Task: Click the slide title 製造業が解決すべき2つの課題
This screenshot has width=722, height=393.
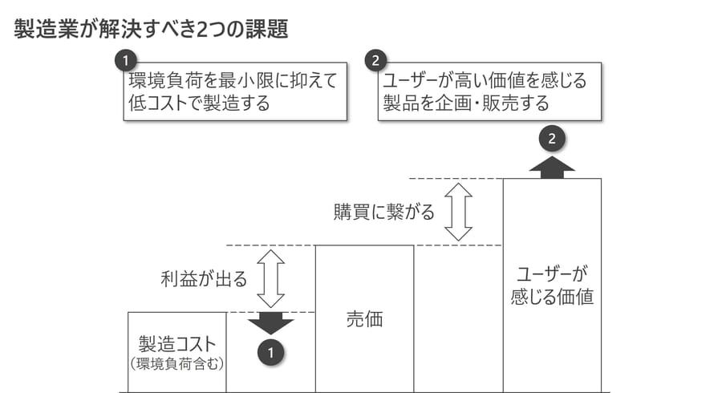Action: point(151,30)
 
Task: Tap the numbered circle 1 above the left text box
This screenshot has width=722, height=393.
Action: point(126,60)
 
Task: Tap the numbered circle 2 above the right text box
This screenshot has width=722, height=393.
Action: point(375,60)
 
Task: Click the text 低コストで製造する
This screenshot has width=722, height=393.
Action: point(199,103)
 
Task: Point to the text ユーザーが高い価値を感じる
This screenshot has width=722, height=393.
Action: point(485,81)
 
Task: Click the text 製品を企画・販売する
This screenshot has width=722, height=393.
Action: point(465,103)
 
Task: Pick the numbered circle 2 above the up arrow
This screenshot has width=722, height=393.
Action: point(552,139)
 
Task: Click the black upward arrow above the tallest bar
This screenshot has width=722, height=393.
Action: point(552,167)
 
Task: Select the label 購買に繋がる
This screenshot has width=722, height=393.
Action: point(383,212)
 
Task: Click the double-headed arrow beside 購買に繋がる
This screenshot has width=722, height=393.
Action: point(459,212)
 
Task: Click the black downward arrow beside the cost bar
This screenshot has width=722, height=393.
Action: point(271,323)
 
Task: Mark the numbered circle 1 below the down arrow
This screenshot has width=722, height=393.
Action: point(271,351)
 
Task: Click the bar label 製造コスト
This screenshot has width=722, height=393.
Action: point(177,344)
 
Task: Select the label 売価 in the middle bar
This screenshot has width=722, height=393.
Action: point(364,319)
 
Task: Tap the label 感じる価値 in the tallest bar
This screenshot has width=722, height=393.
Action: point(552,296)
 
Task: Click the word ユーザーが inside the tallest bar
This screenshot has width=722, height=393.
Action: point(552,273)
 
